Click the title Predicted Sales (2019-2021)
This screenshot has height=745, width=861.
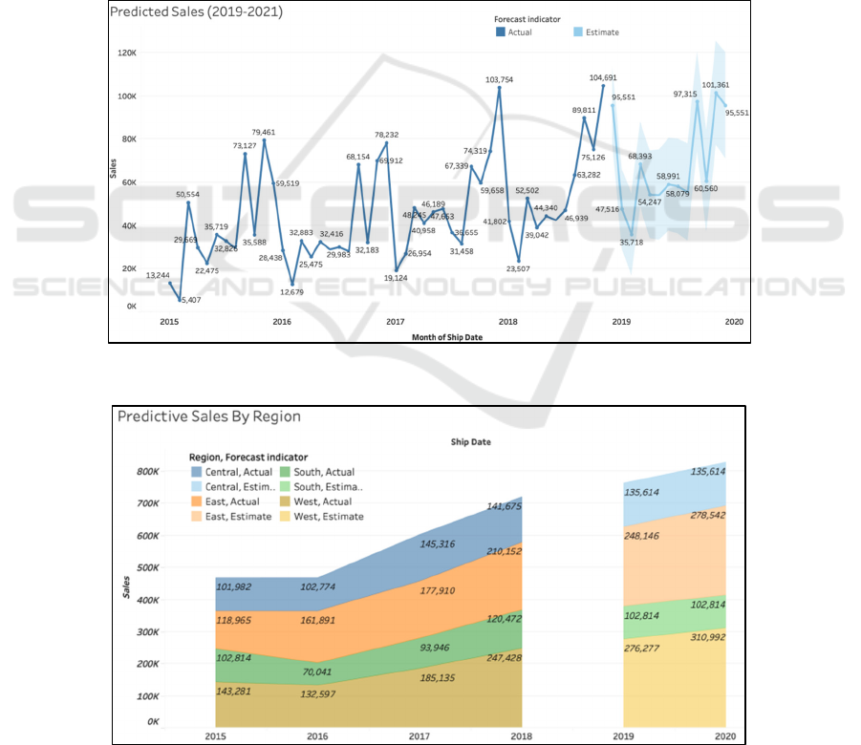(196, 12)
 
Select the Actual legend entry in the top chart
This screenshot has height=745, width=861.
(514, 32)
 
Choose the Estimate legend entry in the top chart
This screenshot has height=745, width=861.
(595, 32)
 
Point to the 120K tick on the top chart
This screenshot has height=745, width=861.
(127, 53)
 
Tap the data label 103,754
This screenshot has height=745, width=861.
(500, 80)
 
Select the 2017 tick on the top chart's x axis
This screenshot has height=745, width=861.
(395, 322)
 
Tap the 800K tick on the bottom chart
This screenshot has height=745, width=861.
(146, 471)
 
